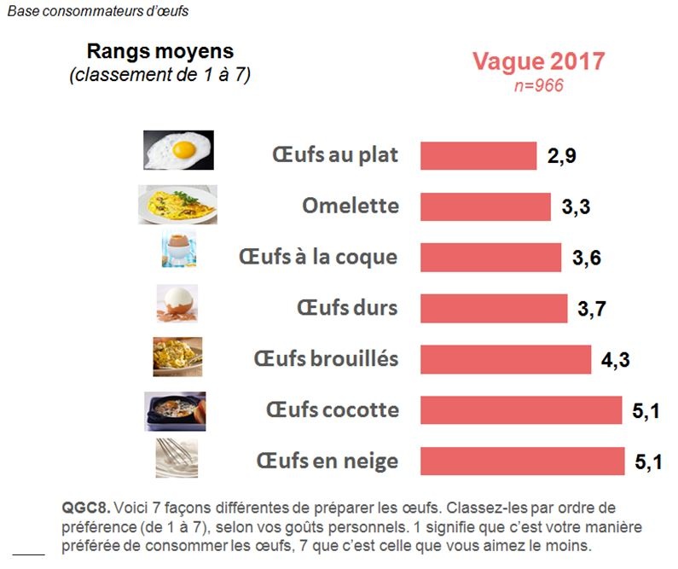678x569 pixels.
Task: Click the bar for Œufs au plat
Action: point(478,156)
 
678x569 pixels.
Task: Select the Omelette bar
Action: point(485,206)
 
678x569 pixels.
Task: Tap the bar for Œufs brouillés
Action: point(506,359)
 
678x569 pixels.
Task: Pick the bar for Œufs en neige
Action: point(522,462)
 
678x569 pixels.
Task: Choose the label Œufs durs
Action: point(347,308)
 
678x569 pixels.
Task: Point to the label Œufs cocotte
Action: point(332,410)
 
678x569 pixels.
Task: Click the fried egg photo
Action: point(177,150)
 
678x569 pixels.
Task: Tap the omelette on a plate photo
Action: point(177,205)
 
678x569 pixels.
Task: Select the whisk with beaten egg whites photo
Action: point(177,458)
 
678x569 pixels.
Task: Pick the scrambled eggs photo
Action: point(177,356)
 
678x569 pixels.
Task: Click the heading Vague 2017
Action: point(539,62)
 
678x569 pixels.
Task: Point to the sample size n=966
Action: point(539,85)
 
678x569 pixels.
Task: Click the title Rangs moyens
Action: point(159,52)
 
